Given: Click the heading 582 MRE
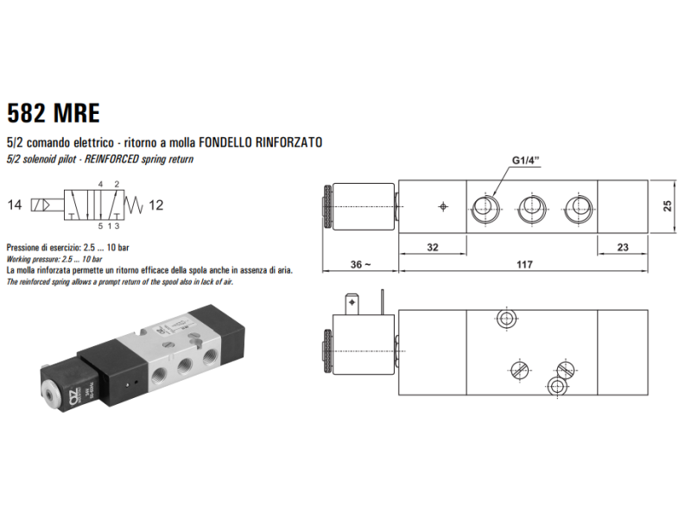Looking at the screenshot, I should click(54, 113).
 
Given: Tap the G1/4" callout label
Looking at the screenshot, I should click(526, 161).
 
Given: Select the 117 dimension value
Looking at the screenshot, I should click(524, 264).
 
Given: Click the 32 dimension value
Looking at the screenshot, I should click(433, 247).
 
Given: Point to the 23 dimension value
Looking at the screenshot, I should click(624, 247).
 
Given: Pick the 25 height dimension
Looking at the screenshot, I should click(667, 205).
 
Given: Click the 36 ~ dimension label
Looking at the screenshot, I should click(359, 264).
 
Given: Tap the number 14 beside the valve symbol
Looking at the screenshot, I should click(14, 205).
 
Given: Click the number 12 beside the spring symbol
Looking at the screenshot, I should click(155, 205).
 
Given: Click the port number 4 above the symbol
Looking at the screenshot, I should click(100, 185).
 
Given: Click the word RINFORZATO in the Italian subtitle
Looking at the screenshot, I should click(289, 142).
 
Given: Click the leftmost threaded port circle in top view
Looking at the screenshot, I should click(485, 205).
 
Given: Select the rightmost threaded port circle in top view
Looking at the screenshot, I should click(576, 205).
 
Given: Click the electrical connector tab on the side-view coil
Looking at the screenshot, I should click(352, 305).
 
